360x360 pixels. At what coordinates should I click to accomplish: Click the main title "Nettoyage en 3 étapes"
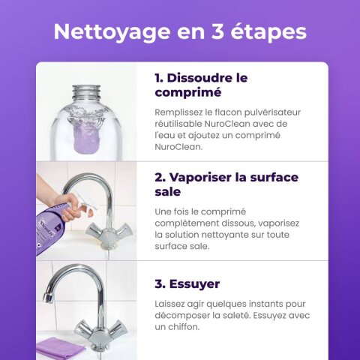(180, 32)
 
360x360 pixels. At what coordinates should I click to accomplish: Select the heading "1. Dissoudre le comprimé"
(200, 85)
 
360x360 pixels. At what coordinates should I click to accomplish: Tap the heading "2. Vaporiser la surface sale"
(226, 184)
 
